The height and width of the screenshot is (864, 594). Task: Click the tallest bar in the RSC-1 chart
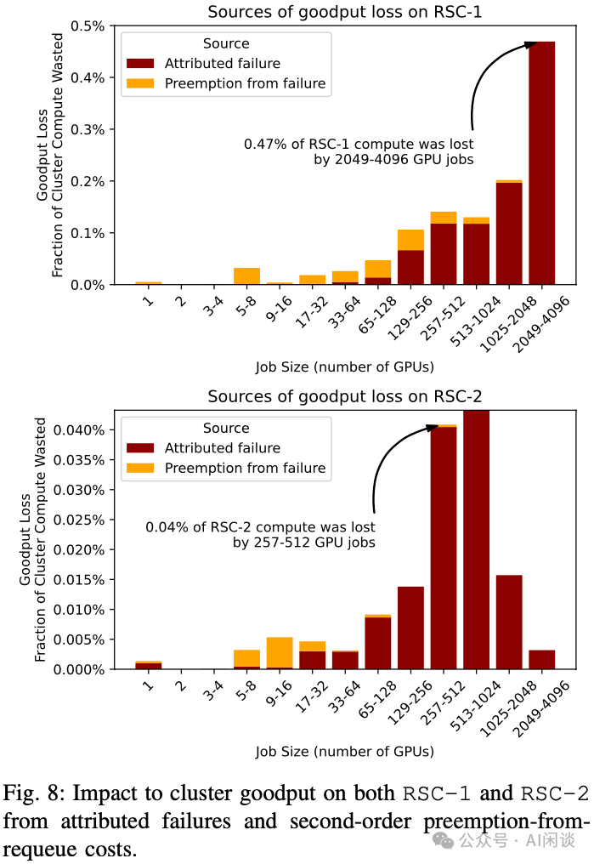click(x=541, y=162)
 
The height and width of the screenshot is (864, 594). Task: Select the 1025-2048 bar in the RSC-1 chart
click(x=509, y=232)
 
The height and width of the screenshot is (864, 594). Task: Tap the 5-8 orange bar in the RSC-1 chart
click(x=246, y=276)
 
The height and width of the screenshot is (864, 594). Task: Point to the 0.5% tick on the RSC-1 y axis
click(x=92, y=26)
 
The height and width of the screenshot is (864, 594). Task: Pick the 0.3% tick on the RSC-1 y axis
click(x=92, y=129)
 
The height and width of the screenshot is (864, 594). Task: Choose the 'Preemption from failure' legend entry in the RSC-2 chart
click(x=245, y=468)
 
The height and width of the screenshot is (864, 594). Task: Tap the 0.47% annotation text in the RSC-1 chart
click(x=359, y=151)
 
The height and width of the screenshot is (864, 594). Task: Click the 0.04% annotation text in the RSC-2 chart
click(x=260, y=535)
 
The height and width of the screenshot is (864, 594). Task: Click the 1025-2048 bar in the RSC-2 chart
click(x=509, y=622)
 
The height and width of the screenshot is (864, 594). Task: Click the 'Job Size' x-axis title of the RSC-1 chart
click(x=344, y=367)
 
